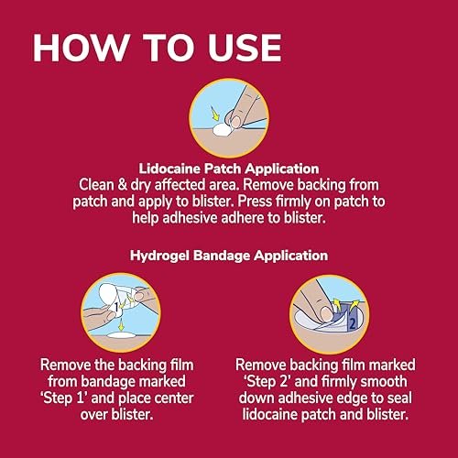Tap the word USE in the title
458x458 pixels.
click(245, 48)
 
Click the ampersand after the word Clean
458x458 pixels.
click(122, 185)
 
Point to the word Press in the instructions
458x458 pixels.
click(255, 202)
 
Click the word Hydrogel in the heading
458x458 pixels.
click(159, 256)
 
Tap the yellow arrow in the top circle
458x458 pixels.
click(215, 114)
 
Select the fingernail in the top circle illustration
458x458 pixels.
click(235, 122)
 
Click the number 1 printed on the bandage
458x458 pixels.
click(116, 306)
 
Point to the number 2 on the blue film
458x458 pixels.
click(353, 323)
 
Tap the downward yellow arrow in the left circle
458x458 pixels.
click(121, 325)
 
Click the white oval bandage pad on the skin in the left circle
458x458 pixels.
click(122, 335)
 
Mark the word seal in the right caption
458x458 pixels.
click(400, 398)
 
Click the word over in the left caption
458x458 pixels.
click(94, 415)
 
